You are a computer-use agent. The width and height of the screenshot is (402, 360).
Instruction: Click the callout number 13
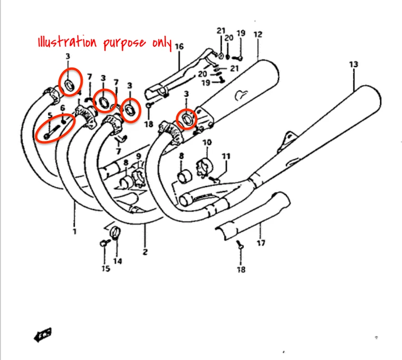pos(354,64)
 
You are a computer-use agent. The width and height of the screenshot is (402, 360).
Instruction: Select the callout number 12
pos(257,34)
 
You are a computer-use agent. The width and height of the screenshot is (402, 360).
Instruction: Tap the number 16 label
pos(179,46)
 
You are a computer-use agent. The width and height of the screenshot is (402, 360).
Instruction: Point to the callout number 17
pos(261,243)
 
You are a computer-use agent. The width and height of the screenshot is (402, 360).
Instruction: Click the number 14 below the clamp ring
pos(117,261)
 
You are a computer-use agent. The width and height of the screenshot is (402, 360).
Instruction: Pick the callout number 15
pos(105,268)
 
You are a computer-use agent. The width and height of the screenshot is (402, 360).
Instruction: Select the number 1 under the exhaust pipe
pos(74,232)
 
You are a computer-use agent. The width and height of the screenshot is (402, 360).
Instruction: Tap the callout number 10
pos(207,142)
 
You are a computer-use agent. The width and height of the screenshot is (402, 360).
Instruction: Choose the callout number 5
pos(49,115)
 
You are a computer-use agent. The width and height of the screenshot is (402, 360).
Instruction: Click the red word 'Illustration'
pos(68,42)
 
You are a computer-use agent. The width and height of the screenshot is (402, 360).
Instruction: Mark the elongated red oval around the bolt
pos(55,127)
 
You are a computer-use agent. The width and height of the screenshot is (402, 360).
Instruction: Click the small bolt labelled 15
pos(103,244)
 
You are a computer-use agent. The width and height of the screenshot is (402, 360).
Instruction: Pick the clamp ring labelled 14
pos(116,232)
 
